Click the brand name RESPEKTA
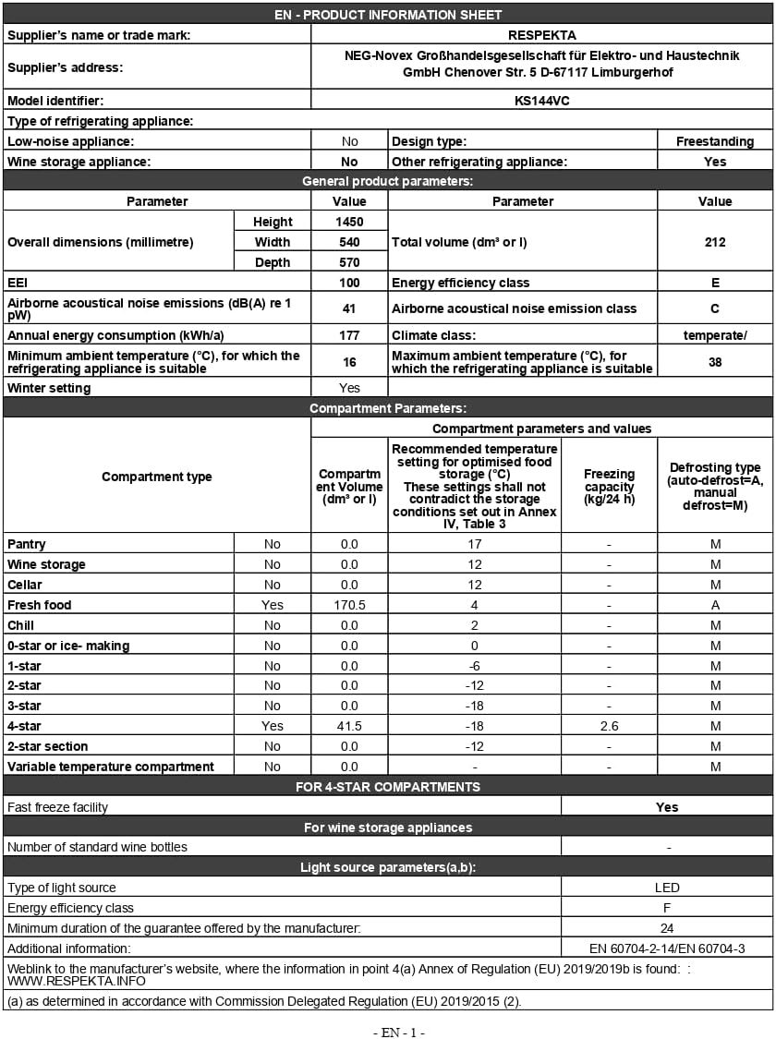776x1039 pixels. click(541, 35)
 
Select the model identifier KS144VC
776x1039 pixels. click(541, 100)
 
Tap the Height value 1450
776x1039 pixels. click(349, 222)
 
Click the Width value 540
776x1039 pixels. click(349, 242)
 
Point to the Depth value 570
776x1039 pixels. click(349, 262)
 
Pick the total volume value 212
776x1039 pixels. click(714, 242)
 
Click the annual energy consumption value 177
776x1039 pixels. click(349, 335)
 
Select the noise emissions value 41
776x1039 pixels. click(349, 308)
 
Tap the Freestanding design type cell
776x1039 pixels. click(714, 141)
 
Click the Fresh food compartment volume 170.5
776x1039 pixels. click(349, 605)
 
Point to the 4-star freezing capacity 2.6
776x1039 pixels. click(609, 726)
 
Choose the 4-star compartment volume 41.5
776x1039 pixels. click(349, 726)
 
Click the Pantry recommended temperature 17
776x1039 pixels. click(474, 544)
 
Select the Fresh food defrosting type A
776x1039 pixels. click(714, 605)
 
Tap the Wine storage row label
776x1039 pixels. click(46, 564)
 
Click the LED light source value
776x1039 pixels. click(666, 888)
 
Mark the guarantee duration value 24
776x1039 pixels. click(666, 928)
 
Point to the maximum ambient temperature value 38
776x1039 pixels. click(714, 362)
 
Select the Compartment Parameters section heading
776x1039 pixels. click(388, 408)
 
